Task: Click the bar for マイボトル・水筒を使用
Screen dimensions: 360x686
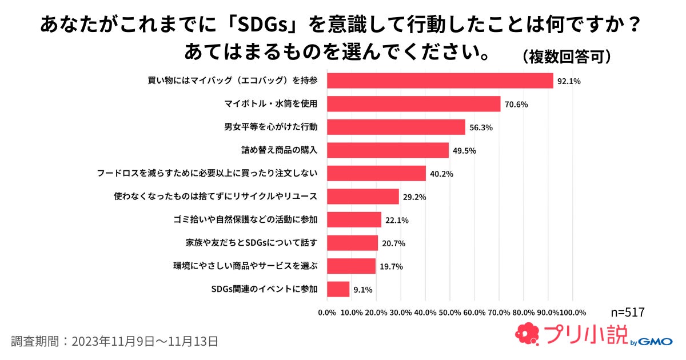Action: [x=413, y=104]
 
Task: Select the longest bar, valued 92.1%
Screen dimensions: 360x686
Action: [x=440, y=81]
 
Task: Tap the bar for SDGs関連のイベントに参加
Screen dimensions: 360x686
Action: [x=338, y=289]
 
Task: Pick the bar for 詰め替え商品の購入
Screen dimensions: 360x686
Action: [x=387, y=150]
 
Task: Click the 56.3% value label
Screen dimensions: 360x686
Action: [x=481, y=127]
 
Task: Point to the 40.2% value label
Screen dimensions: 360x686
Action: [x=441, y=174]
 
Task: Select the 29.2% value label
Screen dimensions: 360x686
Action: [x=414, y=197]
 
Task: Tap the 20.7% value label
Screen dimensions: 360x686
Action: [x=393, y=243]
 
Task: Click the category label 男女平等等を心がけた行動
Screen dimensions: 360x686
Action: [x=270, y=127]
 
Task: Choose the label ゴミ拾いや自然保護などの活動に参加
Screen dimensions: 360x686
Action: [x=245, y=219]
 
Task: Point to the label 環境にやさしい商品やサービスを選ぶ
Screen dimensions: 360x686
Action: [x=245, y=266]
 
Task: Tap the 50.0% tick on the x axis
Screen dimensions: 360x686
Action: [x=450, y=313]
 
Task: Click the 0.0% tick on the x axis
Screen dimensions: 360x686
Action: [x=326, y=313]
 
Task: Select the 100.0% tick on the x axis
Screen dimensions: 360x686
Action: [x=573, y=313]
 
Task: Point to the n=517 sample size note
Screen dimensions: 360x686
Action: [x=628, y=313]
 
